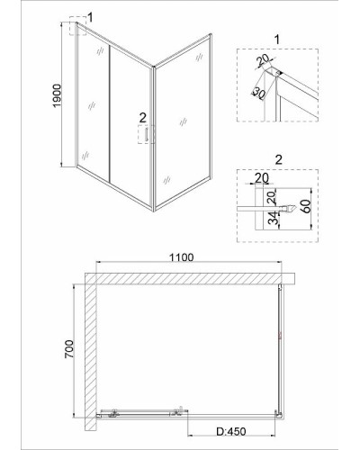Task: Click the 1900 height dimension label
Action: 57,95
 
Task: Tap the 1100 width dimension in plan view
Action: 182,257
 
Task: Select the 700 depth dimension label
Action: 69,349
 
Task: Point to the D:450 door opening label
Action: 231,432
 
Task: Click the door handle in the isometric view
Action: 147,134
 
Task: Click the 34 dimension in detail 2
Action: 273,218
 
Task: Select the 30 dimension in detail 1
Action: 258,93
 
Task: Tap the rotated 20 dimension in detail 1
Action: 264,61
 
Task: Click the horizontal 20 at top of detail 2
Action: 262,178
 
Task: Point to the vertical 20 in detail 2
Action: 271,198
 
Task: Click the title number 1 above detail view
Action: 277,40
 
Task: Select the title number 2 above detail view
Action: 279,160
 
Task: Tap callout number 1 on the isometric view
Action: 90,17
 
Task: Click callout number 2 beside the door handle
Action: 142,118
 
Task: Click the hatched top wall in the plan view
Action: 190,279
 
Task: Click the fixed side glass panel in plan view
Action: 280,350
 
